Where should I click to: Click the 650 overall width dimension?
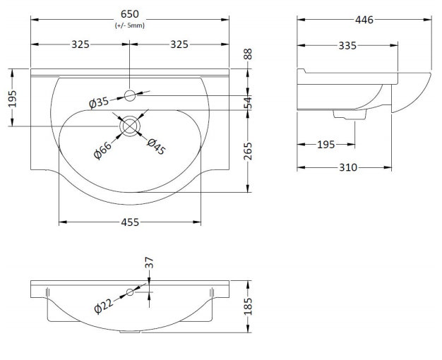click(130, 14)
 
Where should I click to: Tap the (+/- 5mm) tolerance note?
click(130, 25)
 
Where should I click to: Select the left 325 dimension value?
click(80, 44)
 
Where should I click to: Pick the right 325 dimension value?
click(179, 44)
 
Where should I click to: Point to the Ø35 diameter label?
click(99, 102)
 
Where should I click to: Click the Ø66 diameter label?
click(102, 150)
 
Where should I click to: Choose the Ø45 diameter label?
click(156, 147)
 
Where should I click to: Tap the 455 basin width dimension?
click(130, 222)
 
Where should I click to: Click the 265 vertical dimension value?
click(248, 151)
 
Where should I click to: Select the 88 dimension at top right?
click(248, 54)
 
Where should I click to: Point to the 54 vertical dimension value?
click(248, 102)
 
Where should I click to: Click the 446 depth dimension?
click(364, 20)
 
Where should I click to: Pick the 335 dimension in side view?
click(347, 46)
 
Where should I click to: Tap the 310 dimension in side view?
click(348, 167)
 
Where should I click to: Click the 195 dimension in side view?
click(326, 145)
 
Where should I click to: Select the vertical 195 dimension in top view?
click(13, 99)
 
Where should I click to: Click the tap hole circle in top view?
click(130, 95)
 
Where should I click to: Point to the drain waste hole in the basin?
click(130, 126)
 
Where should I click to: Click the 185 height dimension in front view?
click(248, 306)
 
